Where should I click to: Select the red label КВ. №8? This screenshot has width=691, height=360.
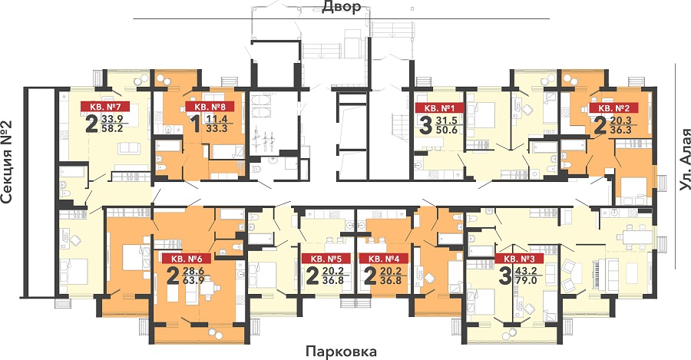(209, 106)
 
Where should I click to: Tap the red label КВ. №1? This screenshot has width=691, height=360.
(440, 108)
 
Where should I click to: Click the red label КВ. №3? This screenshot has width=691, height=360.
(519, 259)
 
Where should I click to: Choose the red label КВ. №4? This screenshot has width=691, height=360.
(383, 259)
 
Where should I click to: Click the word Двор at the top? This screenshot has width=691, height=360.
(342, 7)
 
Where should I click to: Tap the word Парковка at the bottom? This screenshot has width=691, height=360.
(342, 352)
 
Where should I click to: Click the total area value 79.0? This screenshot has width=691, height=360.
(526, 280)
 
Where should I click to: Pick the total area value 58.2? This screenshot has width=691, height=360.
(112, 128)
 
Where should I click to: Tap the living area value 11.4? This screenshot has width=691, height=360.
(217, 119)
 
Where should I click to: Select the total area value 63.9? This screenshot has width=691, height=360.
(193, 280)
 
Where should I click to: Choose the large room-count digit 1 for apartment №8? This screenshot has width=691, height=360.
(197, 124)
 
